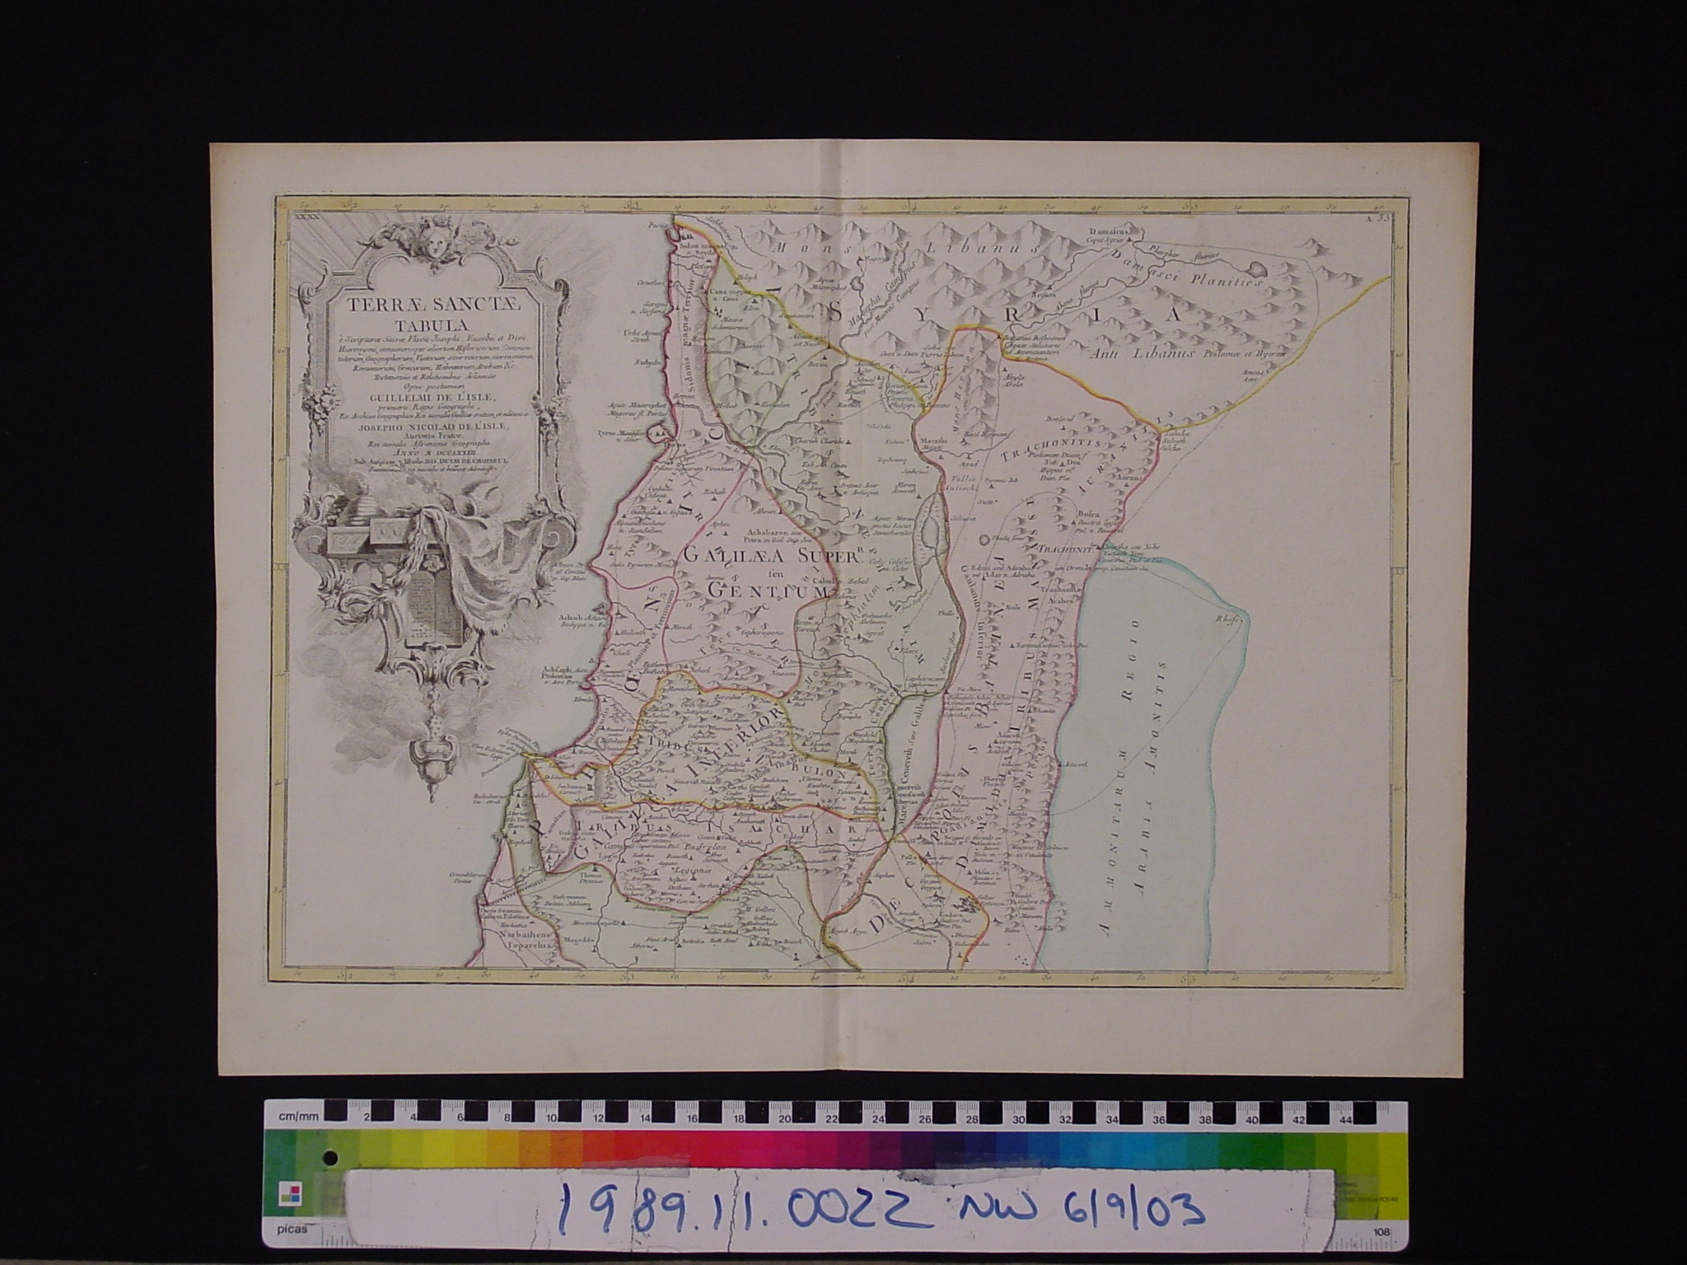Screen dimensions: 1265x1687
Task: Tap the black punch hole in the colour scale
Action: (330, 1158)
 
